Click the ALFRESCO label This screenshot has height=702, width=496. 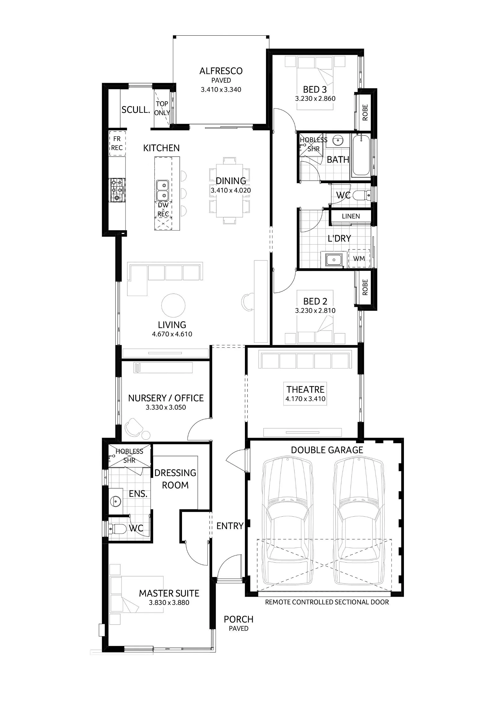[x=221, y=71]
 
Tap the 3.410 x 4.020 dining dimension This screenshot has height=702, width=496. [x=231, y=190]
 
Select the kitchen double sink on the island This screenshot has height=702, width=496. [x=162, y=190]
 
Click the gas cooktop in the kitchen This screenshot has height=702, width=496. [x=117, y=190]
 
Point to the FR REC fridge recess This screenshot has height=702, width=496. [x=117, y=143]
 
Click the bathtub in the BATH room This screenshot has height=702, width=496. [x=361, y=156]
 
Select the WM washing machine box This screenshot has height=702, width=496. [x=359, y=258]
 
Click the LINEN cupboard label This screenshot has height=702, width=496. [x=351, y=216]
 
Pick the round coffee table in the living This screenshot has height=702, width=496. [x=173, y=305]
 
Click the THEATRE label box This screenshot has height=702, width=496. [x=305, y=393]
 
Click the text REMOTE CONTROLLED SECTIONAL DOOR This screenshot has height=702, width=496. [x=327, y=602]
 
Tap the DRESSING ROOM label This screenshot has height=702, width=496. [x=175, y=479]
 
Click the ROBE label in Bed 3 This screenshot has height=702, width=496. [x=365, y=112]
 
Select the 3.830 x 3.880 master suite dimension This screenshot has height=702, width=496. [x=169, y=603]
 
